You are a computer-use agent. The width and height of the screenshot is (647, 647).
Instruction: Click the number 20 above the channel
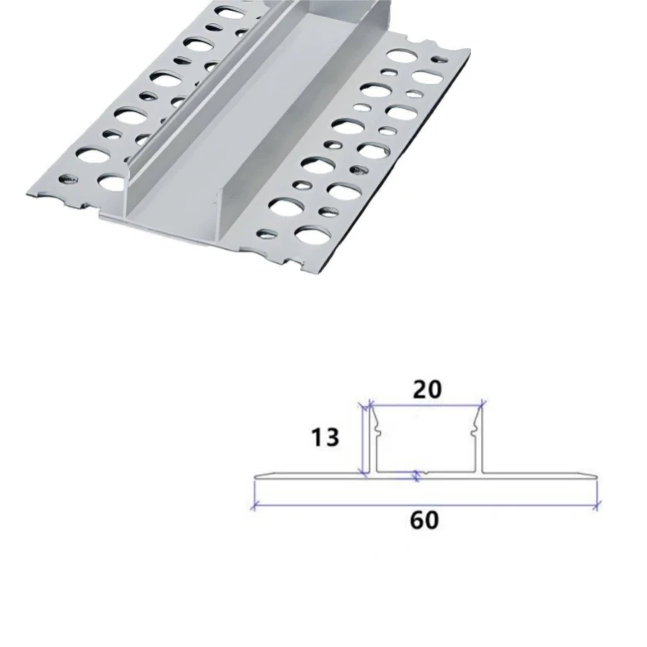coord(426,387)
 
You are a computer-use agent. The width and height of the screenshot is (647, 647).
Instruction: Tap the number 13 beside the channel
coord(325,436)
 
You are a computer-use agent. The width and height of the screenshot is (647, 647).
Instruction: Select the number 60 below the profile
coord(424,520)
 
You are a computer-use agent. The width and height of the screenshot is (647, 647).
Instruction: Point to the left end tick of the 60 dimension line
coord(253,504)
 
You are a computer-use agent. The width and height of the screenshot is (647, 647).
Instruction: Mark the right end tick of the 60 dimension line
coord(597,504)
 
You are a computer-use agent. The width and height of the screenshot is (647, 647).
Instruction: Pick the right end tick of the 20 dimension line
coord(484,405)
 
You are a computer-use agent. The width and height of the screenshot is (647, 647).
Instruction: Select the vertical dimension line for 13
coord(362,440)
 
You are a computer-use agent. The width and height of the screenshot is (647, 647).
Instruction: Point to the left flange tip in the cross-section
coord(256,478)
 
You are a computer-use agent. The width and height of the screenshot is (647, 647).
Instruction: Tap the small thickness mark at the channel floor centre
coord(418,475)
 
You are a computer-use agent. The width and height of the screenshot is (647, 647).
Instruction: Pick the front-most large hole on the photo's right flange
coord(309,236)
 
